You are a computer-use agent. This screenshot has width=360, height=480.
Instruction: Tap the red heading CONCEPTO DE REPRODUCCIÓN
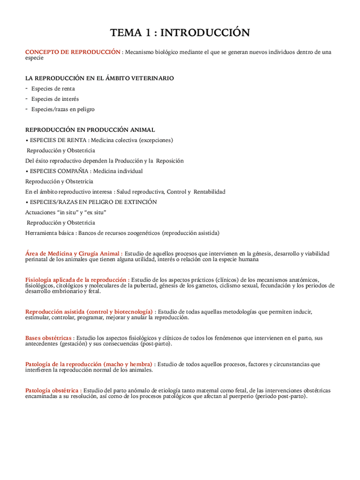73,52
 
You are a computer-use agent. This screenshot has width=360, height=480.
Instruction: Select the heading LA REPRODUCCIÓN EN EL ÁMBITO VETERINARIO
100,78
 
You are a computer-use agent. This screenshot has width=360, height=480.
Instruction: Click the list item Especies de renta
53,89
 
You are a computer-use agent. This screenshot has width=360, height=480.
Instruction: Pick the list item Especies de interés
55,99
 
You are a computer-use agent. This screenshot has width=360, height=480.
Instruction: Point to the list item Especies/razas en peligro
63,109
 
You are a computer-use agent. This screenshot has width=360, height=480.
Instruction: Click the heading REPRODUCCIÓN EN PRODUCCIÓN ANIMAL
90,130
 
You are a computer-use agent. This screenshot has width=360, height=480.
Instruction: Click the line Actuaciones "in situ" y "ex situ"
66,212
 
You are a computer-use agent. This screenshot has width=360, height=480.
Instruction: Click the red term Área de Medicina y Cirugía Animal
72,254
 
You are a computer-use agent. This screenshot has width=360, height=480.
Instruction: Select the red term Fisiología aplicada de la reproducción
76,280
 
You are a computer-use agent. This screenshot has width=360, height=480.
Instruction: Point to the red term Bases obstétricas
49,338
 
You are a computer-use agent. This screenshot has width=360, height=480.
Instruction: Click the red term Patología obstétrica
52,391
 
